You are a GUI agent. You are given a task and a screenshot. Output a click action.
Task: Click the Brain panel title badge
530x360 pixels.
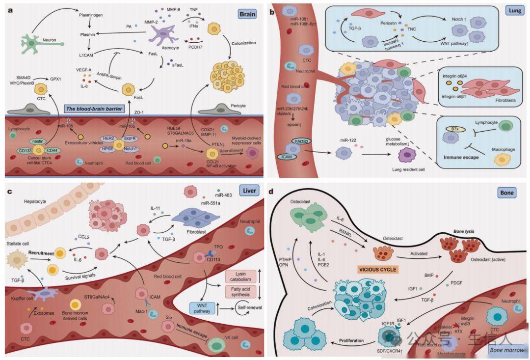pyautogui.click(x=247, y=14)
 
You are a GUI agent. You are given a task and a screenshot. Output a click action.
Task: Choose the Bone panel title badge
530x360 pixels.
pyautogui.click(x=506, y=193)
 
